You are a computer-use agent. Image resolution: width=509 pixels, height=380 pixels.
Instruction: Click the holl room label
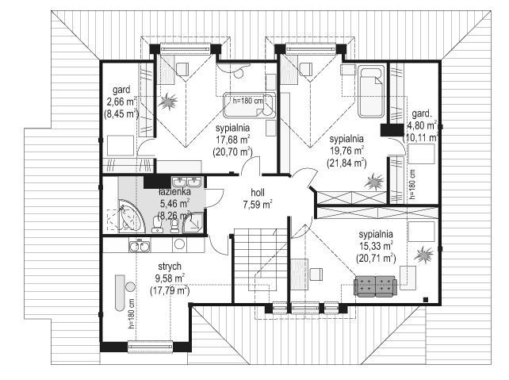pos(258,193)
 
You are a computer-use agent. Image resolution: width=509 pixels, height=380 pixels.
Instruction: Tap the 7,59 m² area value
pos(258,205)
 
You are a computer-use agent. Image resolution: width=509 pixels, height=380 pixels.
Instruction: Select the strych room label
pos(170,267)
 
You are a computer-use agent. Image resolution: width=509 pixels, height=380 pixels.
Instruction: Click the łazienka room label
pos(174,192)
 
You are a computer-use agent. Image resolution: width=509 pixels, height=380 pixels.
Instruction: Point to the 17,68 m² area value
pos(233,140)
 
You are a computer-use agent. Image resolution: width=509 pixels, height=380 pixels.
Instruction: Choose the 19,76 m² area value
pos(346,151)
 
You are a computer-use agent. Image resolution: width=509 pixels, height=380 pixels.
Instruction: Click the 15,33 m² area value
pos(377,246)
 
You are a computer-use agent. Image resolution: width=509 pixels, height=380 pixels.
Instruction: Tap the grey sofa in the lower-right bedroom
pos(376,286)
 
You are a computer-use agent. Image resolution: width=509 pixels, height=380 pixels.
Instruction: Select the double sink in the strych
pos(140,246)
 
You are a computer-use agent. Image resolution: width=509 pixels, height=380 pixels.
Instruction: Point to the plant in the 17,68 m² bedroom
pos(168,101)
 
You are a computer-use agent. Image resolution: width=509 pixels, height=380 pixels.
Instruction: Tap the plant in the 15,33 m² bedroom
pos(423,254)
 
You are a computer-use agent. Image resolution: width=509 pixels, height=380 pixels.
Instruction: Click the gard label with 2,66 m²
pos(121,90)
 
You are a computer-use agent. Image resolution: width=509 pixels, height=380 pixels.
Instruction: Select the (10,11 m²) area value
pos(421,137)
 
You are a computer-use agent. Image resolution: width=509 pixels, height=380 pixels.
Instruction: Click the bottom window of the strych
pos(150,346)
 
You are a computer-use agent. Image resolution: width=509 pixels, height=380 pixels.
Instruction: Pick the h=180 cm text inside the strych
pos(132,314)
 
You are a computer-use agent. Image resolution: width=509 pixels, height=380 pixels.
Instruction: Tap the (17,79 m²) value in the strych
pos(170,290)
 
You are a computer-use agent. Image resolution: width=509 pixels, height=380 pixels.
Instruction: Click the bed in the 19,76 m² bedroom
pos(371,91)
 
